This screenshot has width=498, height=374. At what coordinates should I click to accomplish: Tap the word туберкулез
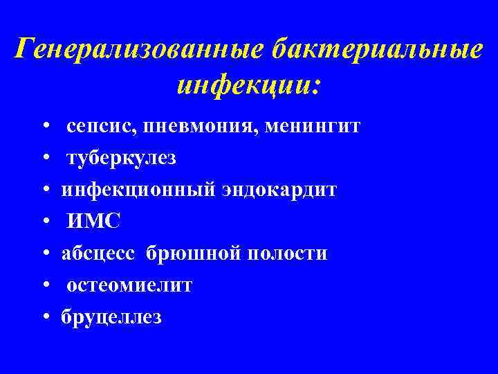[122, 159]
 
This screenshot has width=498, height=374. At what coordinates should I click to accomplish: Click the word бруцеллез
[111, 317]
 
